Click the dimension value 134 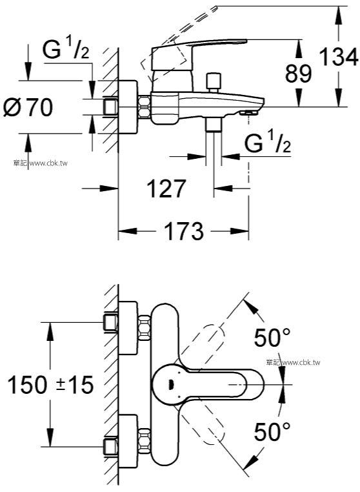[339, 57]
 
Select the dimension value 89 [299, 74]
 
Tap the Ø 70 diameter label [28, 107]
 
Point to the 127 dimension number [166, 189]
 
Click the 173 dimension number [184, 231]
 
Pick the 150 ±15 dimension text [50, 385]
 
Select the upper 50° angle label [272, 337]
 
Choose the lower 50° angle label [272, 432]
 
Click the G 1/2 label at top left [66, 50]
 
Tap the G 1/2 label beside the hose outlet [268, 143]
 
